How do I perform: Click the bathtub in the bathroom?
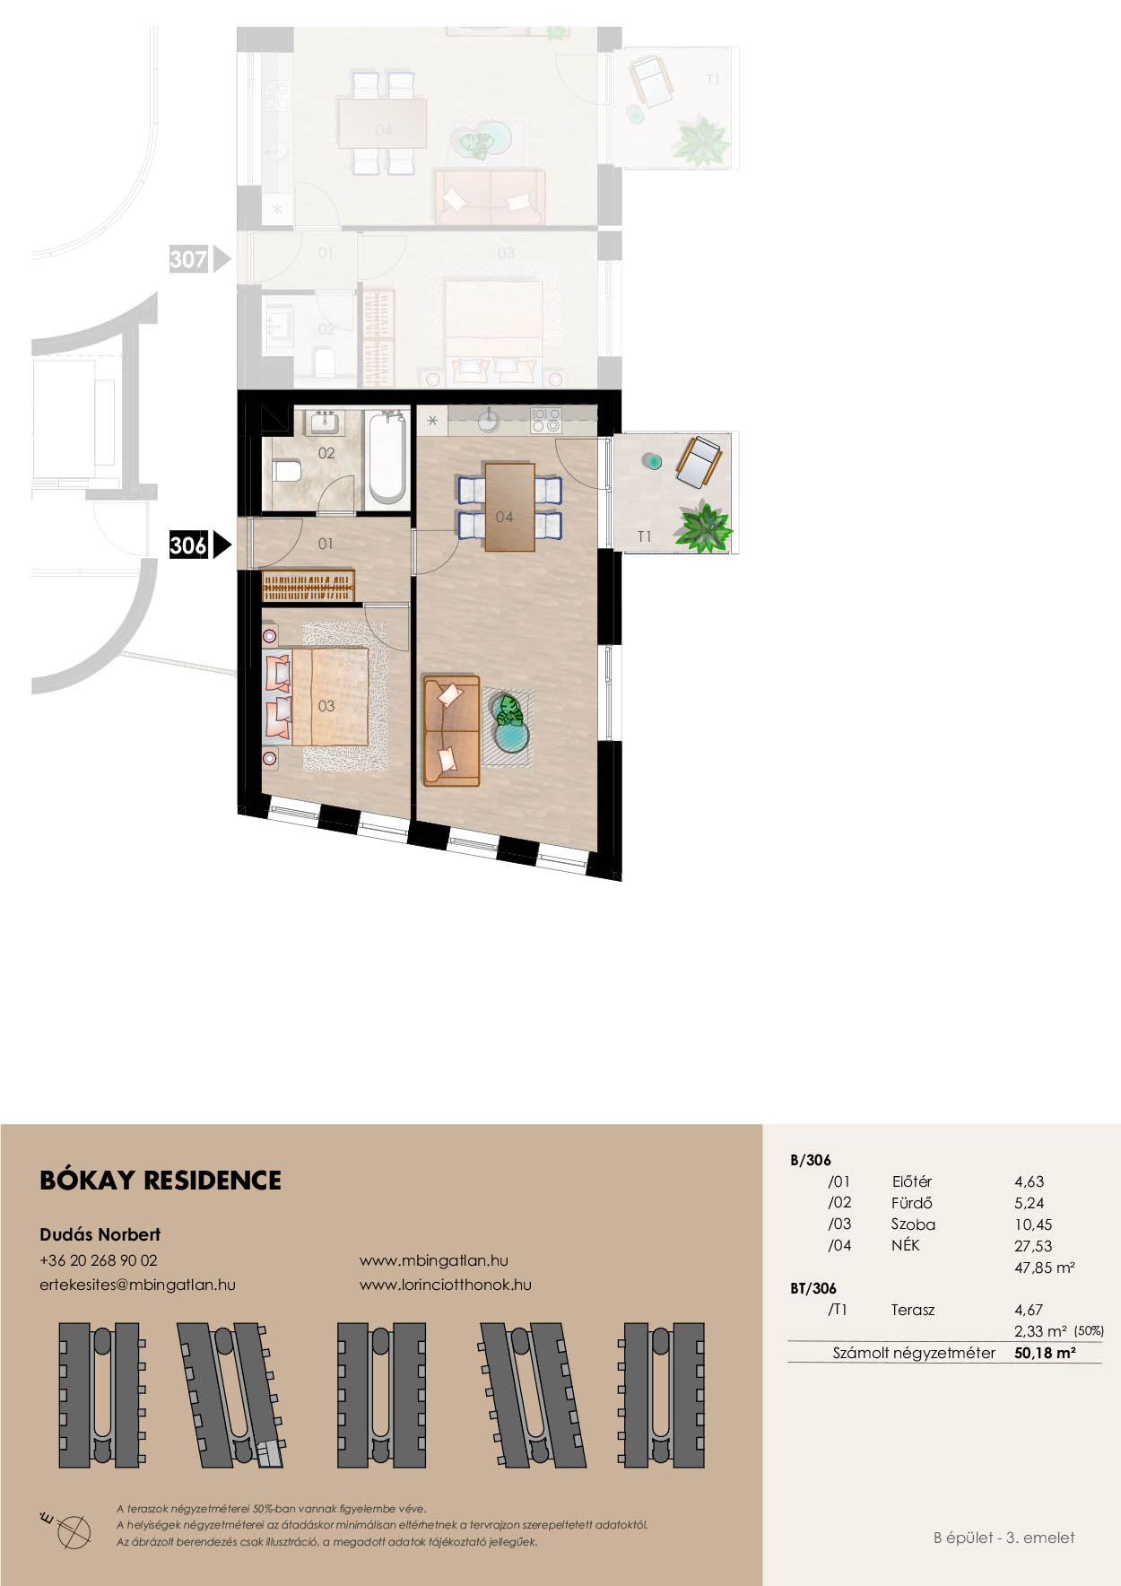[x=387, y=457]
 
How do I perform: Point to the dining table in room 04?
[x=509, y=506]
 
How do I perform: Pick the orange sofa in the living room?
[x=451, y=731]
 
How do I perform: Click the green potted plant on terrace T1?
[x=703, y=527]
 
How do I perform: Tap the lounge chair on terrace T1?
[x=699, y=461]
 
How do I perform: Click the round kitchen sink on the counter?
[x=488, y=420]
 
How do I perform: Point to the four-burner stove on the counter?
[x=545, y=419]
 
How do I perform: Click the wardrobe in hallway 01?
[x=308, y=586]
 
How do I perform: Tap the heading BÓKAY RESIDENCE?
[x=161, y=1180]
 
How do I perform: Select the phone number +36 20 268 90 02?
[x=99, y=1259]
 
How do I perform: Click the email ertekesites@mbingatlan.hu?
[x=137, y=1285]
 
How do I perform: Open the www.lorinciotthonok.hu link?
[x=445, y=1285]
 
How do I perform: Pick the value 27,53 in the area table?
[x=1033, y=1246]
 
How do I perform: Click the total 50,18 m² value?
[x=1045, y=1353]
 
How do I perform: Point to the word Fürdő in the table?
[x=911, y=1203]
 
